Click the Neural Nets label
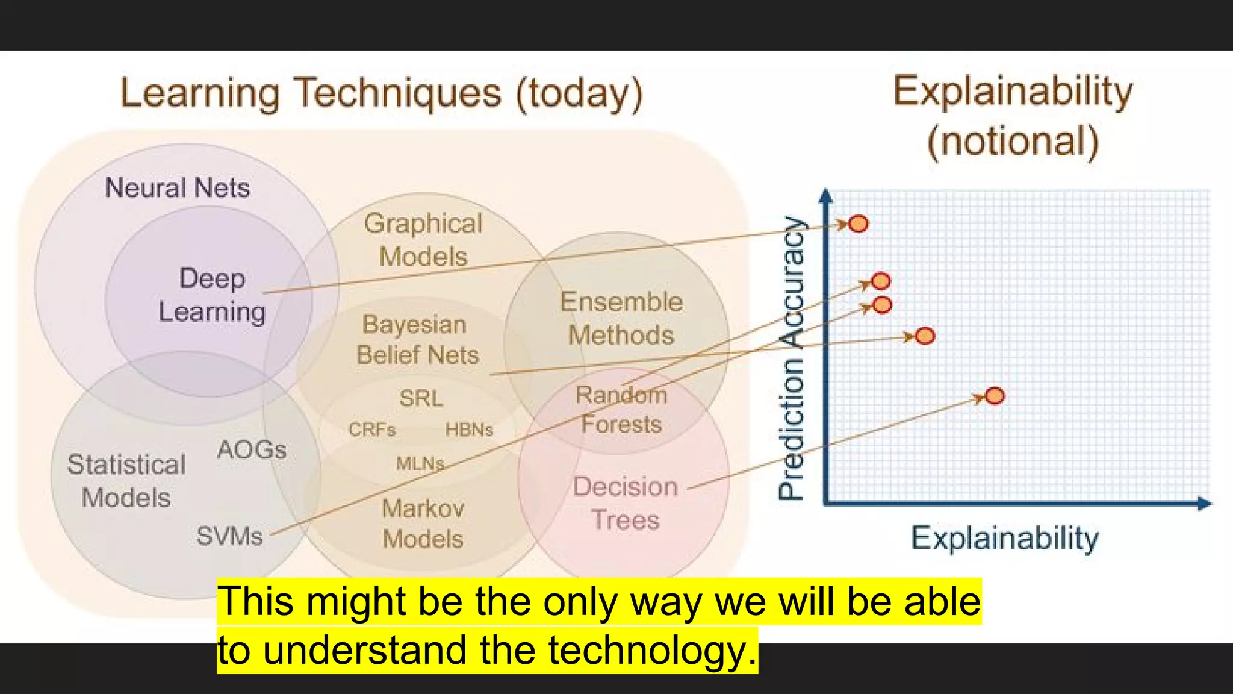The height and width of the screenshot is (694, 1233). pyautogui.click(x=177, y=187)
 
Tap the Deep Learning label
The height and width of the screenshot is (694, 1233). pyautogui.click(x=212, y=295)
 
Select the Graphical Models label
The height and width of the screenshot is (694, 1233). pyautogui.click(x=423, y=240)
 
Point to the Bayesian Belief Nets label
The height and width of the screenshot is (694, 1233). pyautogui.click(x=417, y=340)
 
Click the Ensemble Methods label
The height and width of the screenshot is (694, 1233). pyautogui.click(x=621, y=318)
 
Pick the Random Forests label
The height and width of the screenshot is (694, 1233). pyautogui.click(x=621, y=410)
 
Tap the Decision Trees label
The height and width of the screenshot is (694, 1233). pyautogui.click(x=626, y=503)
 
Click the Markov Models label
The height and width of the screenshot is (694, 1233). pyautogui.click(x=423, y=524)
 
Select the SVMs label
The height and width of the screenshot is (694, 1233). pyautogui.click(x=229, y=536)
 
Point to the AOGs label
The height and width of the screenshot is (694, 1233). pyautogui.click(x=252, y=449)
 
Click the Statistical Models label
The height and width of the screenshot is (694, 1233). pyautogui.click(x=126, y=481)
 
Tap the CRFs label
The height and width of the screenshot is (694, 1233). pyautogui.click(x=371, y=430)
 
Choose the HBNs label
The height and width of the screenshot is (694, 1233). pyautogui.click(x=469, y=430)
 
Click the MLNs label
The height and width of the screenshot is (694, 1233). pyautogui.click(x=420, y=463)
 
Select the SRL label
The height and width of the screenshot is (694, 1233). pyautogui.click(x=421, y=398)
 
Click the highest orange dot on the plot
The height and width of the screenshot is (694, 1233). pyautogui.click(x=859, y=224)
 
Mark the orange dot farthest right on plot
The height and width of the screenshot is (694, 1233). pyautogui.click(x=995, y=396)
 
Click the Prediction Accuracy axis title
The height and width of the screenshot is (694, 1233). pyautogui.click(x=791, y=358)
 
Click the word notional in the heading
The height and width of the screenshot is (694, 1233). pyautogui.click(x=1013, y=141)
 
